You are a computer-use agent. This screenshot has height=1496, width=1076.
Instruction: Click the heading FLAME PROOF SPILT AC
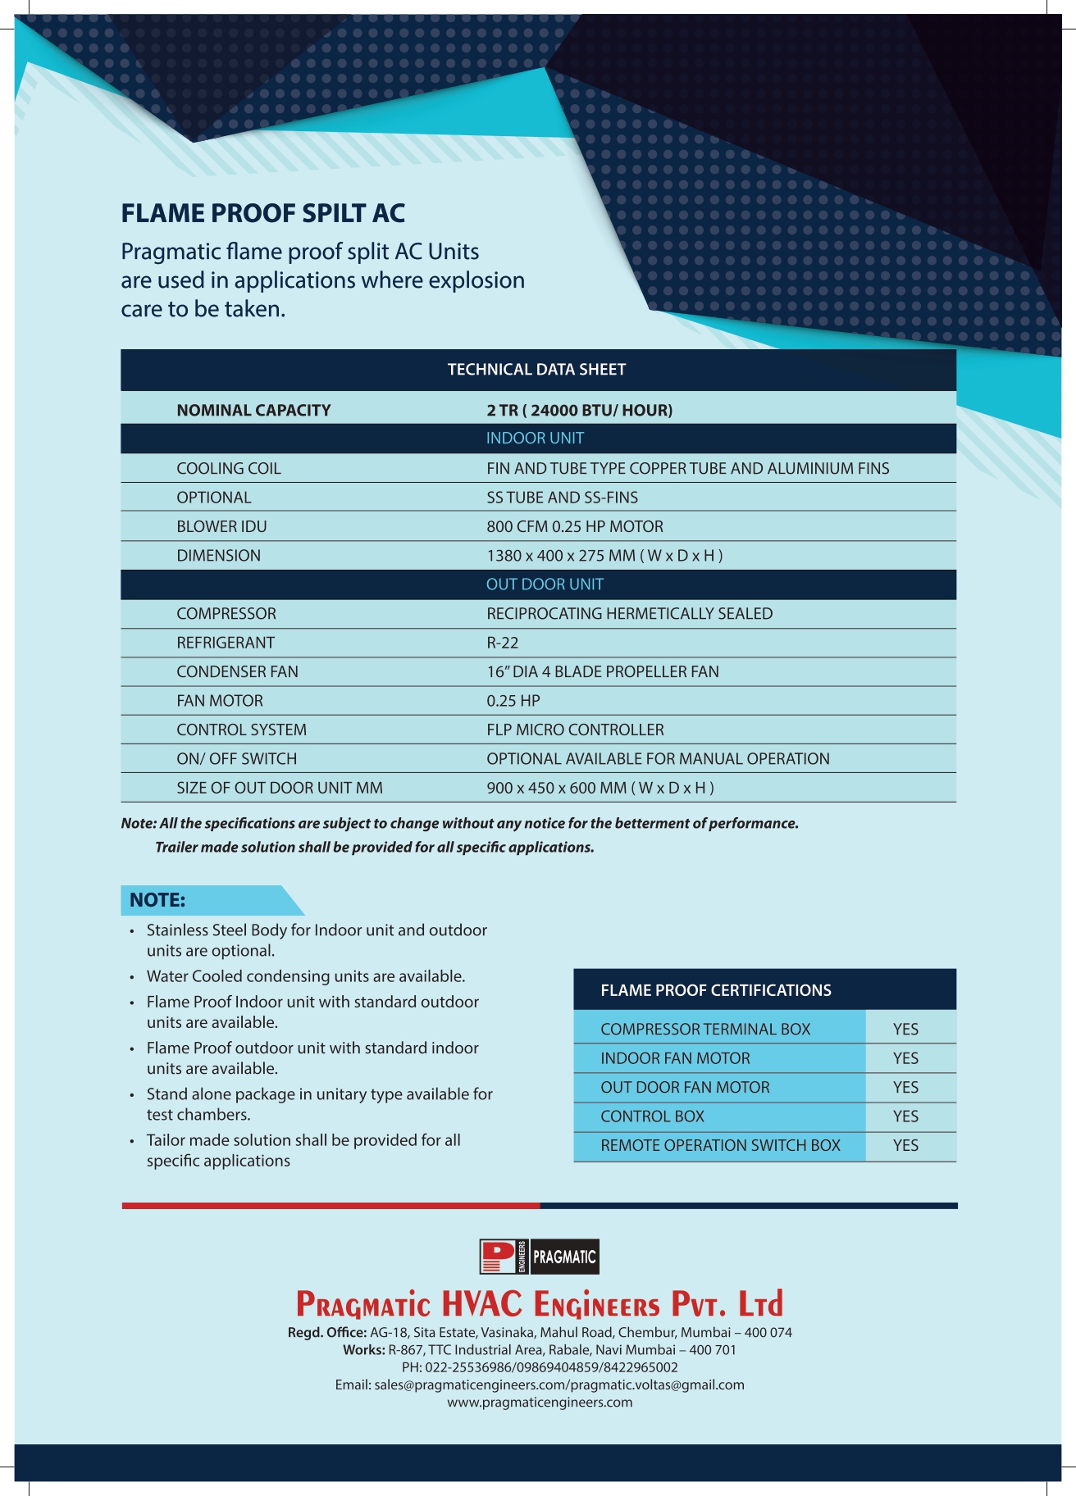263,213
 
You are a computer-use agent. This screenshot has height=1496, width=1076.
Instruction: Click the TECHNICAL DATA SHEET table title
536,370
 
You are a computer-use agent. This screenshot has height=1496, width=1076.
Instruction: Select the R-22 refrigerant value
503,643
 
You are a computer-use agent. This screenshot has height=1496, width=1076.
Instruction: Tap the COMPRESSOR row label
226,614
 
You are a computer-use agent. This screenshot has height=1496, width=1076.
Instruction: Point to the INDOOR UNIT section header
535,439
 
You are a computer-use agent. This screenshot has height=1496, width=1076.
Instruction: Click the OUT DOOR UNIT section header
545,584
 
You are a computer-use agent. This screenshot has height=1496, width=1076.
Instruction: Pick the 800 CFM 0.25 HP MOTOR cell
575,526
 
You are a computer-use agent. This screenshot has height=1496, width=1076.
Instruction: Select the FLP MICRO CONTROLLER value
575,730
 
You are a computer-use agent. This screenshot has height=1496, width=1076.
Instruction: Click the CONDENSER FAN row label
237,672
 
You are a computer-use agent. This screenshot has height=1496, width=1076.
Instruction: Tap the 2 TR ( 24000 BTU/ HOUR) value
579,410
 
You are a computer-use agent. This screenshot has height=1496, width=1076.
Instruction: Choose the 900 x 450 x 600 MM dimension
600,788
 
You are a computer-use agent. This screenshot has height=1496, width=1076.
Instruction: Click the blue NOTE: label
157,900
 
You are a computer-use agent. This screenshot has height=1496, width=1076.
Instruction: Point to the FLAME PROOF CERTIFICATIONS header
715,990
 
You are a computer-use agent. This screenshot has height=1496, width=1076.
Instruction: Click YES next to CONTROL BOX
905,1116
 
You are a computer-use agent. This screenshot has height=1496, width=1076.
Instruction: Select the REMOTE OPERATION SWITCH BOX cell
720,1145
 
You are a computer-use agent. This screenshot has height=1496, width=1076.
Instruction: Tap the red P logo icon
498,1257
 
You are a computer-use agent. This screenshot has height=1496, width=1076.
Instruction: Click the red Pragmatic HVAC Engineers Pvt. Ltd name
539,1303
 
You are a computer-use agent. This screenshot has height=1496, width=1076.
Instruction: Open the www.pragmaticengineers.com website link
540,1403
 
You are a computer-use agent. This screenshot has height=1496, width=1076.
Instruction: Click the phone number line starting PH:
540,1367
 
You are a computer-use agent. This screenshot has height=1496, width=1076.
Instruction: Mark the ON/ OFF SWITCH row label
236,759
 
